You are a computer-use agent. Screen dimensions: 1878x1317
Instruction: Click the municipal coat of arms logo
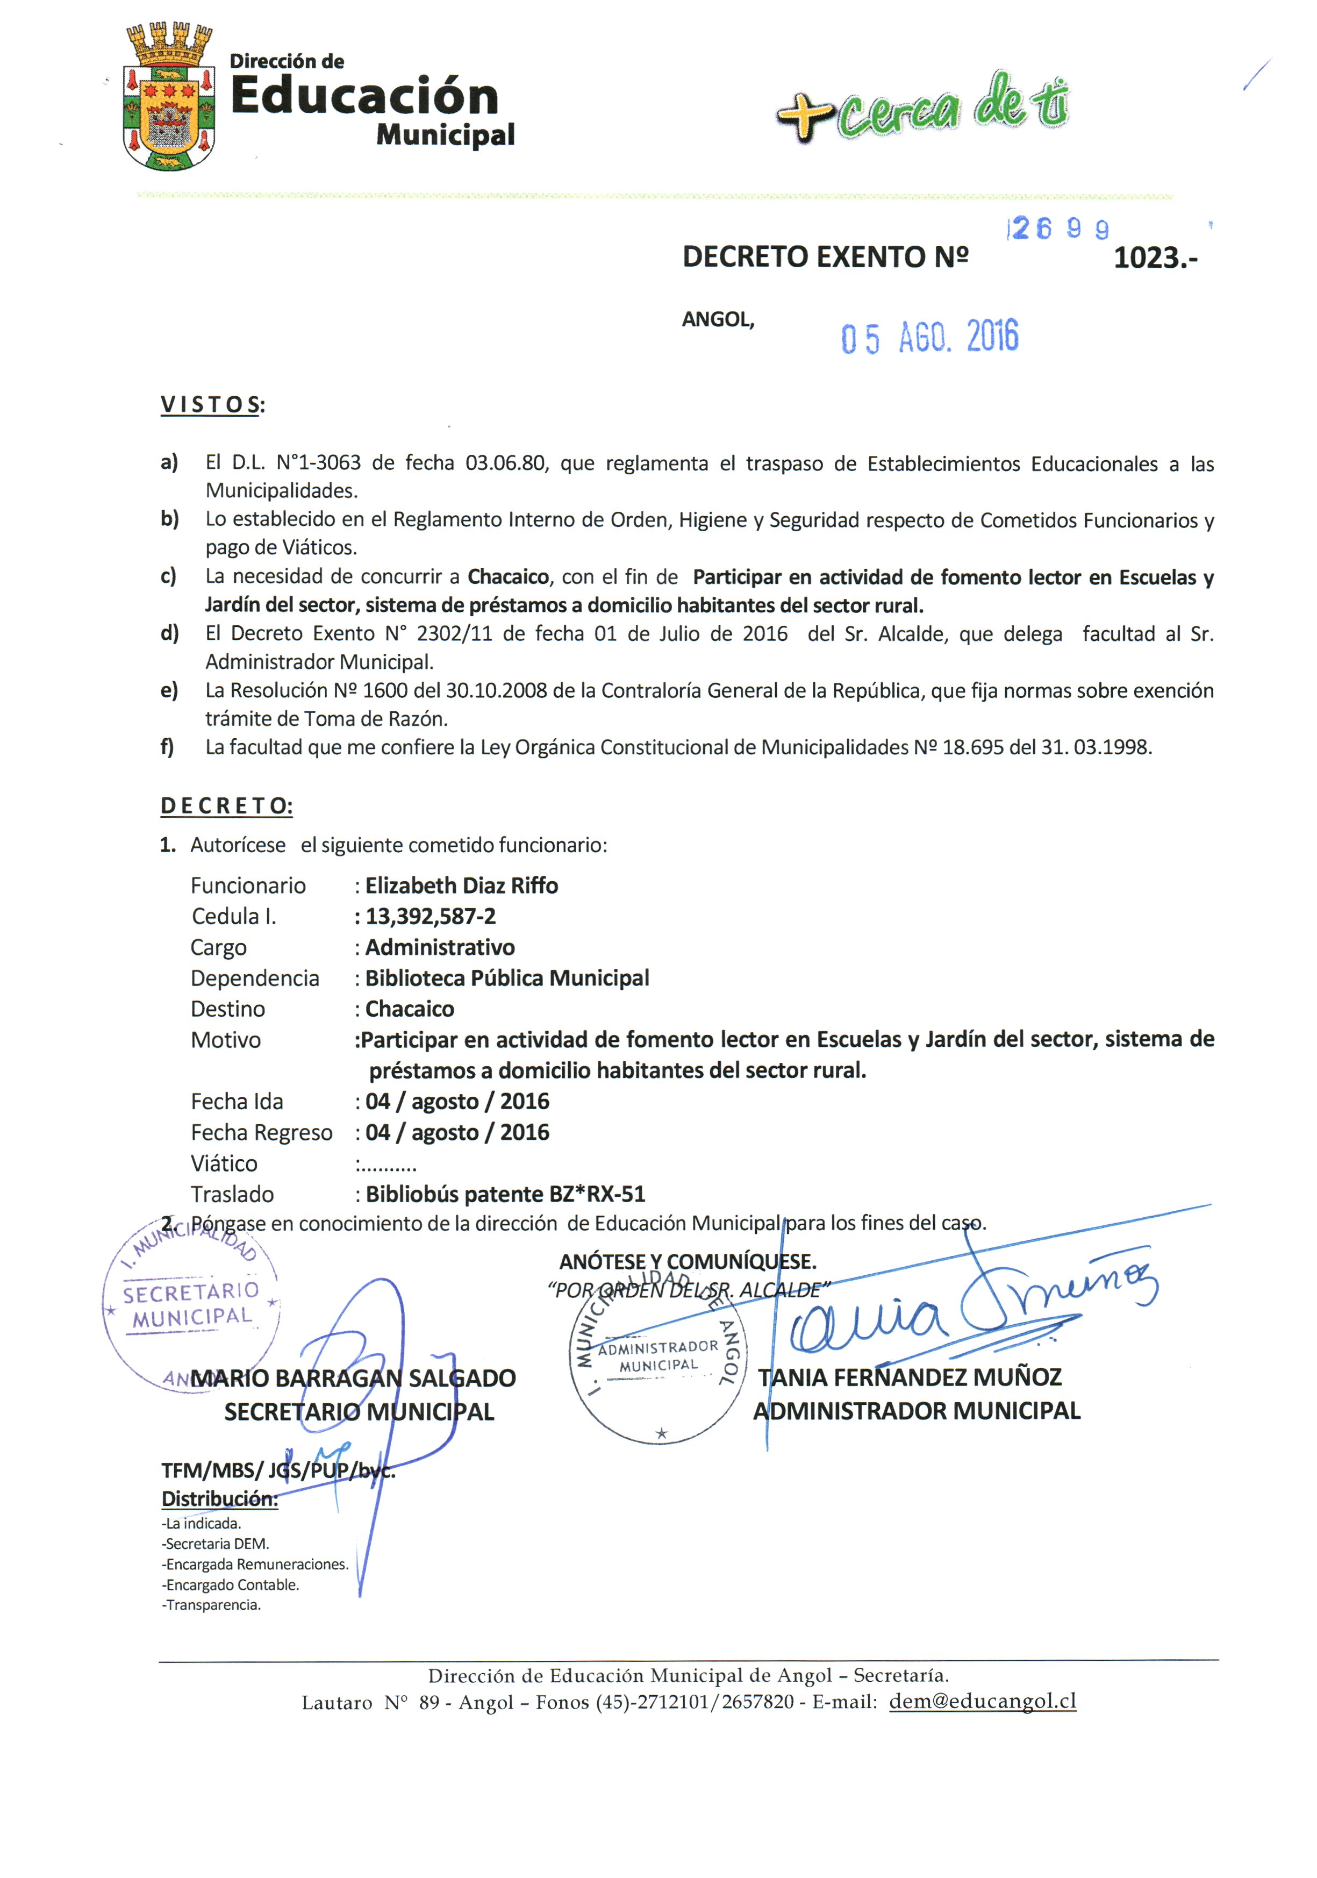tap(168, 97)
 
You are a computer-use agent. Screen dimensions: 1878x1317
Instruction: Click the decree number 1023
tap(1154, 259)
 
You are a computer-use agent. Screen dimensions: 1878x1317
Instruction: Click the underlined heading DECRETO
tap(226, 806)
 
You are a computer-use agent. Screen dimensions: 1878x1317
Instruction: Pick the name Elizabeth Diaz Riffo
tap(461, 886)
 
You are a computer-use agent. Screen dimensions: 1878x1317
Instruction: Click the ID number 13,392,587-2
tap(430, 917)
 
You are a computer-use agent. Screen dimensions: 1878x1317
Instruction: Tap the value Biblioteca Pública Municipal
tap(506, 979)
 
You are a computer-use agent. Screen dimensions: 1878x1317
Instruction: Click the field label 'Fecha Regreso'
tap(261, 1133)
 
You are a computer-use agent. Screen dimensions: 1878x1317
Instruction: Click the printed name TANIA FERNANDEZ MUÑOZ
tap(909, 1377)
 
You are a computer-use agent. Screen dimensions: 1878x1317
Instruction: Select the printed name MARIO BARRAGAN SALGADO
tap(353, 1378)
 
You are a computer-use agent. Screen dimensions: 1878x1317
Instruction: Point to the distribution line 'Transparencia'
tap(211, 1605)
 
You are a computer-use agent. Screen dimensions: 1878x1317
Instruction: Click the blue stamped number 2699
tap(1060, 229)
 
